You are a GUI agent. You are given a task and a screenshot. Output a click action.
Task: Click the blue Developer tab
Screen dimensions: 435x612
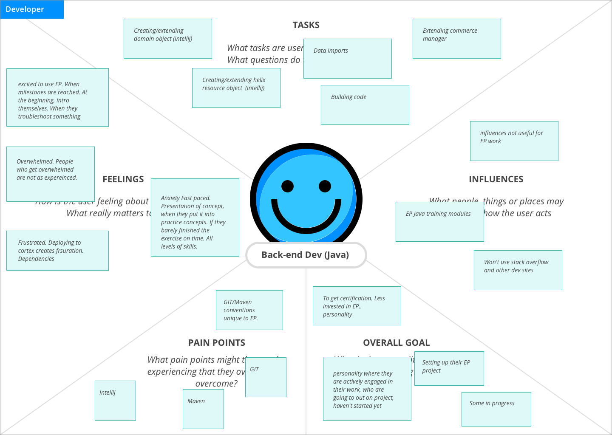32,9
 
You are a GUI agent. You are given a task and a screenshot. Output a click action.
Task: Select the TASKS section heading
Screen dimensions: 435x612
306,25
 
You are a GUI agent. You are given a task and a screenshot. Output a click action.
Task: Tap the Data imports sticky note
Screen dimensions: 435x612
347,59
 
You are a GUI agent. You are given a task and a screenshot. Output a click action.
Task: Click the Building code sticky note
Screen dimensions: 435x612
365,105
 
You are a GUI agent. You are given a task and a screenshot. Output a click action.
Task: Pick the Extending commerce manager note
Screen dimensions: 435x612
456,39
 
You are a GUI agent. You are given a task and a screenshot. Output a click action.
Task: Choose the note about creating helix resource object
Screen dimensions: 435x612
236,88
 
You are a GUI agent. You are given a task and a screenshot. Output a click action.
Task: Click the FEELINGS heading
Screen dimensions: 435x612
123,179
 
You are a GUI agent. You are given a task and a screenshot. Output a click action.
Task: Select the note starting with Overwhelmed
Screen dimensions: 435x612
50,174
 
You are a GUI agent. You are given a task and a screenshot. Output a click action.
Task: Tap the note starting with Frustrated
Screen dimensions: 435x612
57,251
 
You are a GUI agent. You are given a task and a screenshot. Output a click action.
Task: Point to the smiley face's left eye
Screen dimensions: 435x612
288,186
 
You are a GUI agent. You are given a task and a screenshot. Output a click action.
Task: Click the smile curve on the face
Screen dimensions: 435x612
306,223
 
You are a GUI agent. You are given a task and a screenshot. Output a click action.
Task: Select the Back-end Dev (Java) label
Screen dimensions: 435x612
306,255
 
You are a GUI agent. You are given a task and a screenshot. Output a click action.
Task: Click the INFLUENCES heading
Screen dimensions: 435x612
496,179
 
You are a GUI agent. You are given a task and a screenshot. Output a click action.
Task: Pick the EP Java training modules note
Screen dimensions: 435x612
439,222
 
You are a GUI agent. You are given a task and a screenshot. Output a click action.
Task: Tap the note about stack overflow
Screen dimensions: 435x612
518,270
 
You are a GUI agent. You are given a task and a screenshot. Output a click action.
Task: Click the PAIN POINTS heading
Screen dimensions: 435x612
217,343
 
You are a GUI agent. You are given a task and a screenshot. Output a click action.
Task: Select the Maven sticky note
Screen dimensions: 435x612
203,409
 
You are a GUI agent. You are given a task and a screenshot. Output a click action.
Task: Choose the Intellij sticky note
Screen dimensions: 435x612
115,401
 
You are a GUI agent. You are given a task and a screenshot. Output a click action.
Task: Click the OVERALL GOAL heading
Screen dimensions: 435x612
396,343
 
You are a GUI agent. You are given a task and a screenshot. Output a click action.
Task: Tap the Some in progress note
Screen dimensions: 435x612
496,409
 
